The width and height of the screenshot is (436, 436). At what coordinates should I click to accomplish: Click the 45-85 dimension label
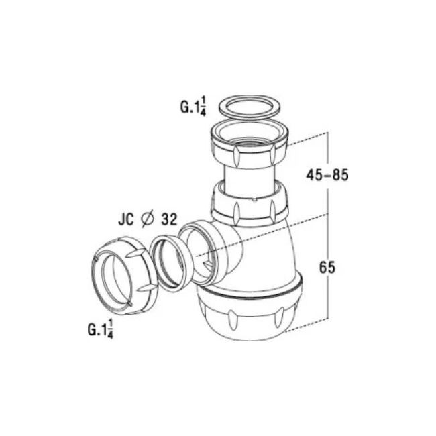pos(327,175)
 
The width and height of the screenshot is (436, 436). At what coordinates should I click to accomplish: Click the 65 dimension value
pos(327,268)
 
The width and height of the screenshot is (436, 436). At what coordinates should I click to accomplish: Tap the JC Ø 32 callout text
pos(148,219)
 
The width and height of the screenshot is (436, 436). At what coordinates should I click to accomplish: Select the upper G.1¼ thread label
pos(193,107)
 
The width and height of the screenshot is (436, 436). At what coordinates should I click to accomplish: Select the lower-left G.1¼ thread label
pos(101,329)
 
